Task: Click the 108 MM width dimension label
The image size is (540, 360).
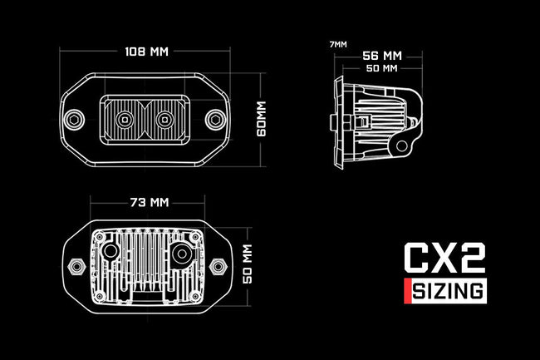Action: (147, 52)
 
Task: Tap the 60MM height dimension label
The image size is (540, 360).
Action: (262, 119)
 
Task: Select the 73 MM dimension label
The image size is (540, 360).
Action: (150, 202)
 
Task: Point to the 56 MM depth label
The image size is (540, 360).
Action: (382, 56)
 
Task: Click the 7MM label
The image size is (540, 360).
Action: (338, 44)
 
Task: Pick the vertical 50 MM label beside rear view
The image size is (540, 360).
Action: (248, 264)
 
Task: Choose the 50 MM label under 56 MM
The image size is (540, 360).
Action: (381, 68)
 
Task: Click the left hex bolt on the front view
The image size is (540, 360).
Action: (75, 120)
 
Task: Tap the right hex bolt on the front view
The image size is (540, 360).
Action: (216, 120)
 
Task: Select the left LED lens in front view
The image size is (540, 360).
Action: (125, 120)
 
